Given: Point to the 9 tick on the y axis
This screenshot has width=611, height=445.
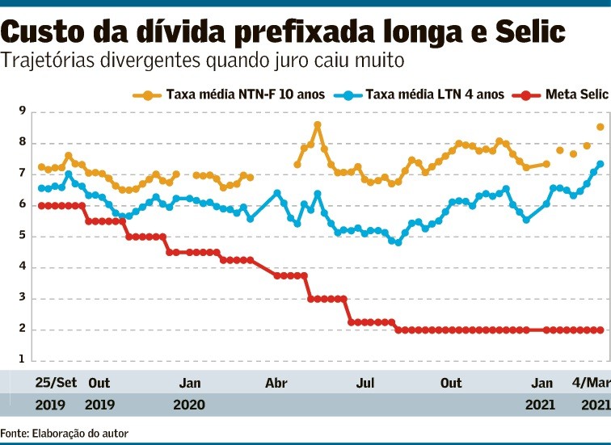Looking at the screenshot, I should click(22, 111).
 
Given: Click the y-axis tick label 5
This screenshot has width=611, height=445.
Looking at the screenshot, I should click(22, 237).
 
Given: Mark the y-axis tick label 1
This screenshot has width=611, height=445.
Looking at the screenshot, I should click(22, 361).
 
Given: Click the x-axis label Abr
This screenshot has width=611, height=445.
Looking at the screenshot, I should click(276, 382).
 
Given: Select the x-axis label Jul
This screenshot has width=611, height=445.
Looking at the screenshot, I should click(364, 382).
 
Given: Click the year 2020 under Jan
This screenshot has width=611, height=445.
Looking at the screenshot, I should click(189, 404).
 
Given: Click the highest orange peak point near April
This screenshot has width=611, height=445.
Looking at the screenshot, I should click(318, 125).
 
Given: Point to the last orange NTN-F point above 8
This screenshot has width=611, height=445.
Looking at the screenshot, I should click(600, 127).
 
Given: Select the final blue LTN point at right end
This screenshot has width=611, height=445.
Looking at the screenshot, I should click(600, 164).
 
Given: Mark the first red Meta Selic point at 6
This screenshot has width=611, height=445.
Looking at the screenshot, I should click(41, 205).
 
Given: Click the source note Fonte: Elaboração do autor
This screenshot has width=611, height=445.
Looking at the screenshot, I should click(64, 433).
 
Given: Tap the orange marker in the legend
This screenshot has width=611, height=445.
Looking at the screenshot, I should click(148, 94).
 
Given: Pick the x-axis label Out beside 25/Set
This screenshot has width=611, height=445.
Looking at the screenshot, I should click(99, 382).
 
